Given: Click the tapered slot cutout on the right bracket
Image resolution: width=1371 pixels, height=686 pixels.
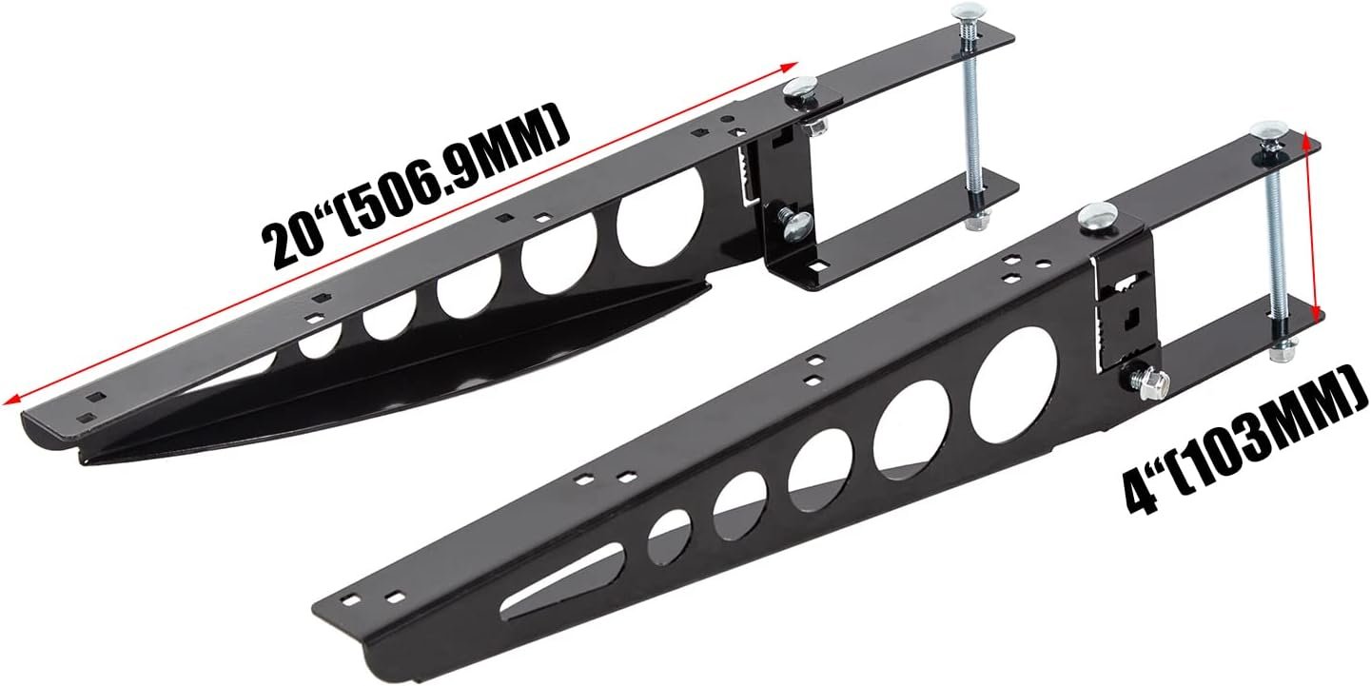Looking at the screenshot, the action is [562, 586].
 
